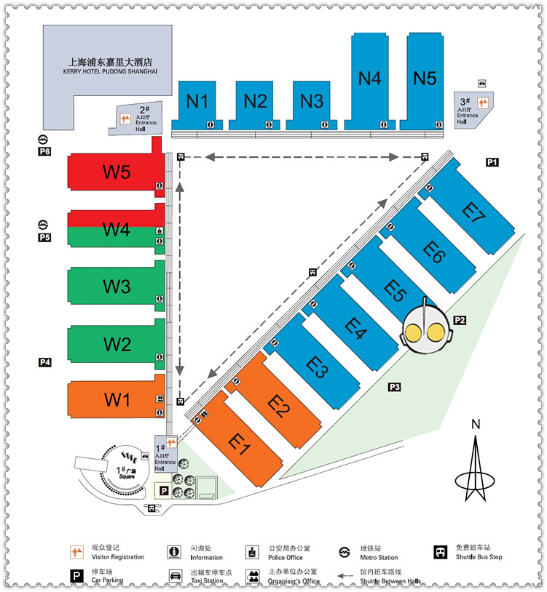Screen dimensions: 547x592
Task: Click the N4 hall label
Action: pyautogui.click(x=370, y=77)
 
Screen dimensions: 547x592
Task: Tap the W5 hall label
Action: pyautogui.click(x=116, y=172)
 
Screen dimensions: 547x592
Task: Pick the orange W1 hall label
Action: pyautogui.click(x=116, y=399)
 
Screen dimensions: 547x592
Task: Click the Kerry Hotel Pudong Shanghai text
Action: pyautogui.click(x=109, y=66)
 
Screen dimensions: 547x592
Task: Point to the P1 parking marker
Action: pyautogui.click(x=492, y=162)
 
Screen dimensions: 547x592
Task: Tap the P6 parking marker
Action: pyautogui.click(x=44, y=151)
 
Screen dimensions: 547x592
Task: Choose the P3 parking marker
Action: pyautogui.click(x=395, y=386)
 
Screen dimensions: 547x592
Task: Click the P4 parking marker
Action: pyautogui.click(x=44, y=361)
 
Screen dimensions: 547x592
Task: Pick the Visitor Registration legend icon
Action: pyautogui.click(x=75, y=551)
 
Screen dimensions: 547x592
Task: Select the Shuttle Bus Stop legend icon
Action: pyautogui.click(x=440, y=551)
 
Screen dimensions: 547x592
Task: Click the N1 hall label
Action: pyautogui.click(x=197, y=101)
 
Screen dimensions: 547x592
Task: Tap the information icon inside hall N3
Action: pyautogui.click(x=325, y=124)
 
